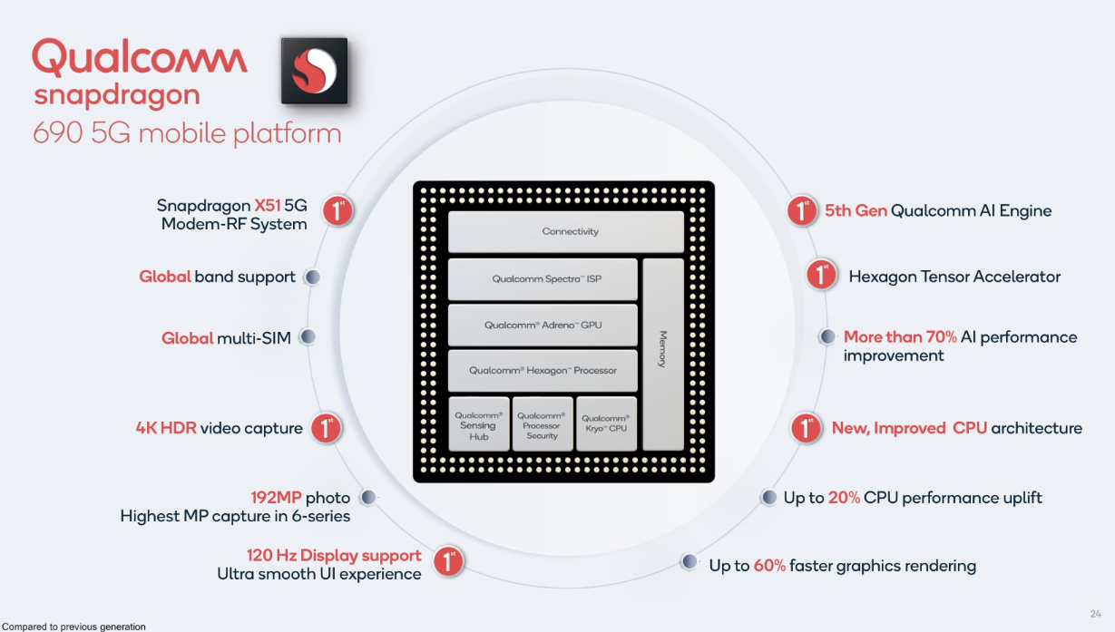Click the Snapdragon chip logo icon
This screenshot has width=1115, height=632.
tap(314, 71)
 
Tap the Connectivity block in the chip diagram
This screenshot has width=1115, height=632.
tap(565, 232)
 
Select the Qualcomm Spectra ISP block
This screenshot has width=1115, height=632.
tap(543, 279)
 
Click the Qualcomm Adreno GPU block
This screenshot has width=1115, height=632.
tap(543, 325)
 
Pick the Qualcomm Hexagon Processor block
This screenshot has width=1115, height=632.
tap(543, 370)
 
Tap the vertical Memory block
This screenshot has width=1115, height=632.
tap(662, 354)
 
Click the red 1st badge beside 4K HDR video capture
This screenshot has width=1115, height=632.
tap(327, 428)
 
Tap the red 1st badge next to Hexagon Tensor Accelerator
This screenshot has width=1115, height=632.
tap(821, 275)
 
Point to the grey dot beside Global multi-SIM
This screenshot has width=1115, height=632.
tap(308, 337)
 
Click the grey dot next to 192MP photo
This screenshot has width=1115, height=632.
tap(367, 498)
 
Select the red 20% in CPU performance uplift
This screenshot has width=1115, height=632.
tap(844, 498)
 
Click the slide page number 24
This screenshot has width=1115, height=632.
tap(1095, 613)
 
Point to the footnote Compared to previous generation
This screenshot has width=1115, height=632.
tap(73, 627)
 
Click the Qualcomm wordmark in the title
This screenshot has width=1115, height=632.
tap(140, 58)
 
